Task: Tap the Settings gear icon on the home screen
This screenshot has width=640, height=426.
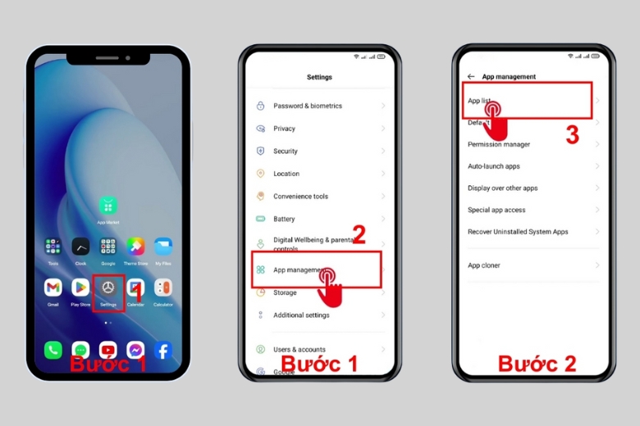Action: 107,288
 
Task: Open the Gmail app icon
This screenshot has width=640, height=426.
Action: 53,288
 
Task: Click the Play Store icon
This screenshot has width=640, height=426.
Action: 80,288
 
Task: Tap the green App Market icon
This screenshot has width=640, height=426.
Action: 107,205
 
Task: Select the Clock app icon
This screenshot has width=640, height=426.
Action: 80,247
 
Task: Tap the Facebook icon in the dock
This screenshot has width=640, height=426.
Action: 163,351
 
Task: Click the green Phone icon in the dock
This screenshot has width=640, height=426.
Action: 53,351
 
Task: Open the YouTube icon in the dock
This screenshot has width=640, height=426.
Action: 107,351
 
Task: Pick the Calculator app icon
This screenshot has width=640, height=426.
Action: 163,288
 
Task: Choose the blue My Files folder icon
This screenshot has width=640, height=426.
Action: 163,247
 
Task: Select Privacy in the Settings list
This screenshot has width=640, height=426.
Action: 284,129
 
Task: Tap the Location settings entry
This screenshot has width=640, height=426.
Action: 286,174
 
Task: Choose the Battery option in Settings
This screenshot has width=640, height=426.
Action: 284,219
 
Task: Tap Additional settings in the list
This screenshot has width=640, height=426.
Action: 301,315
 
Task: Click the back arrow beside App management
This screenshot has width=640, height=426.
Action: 471,77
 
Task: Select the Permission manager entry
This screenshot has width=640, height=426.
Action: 499,144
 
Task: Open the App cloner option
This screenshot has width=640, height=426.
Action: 484,265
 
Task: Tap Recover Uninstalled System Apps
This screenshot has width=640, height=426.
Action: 518,232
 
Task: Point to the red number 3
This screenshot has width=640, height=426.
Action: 572,135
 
